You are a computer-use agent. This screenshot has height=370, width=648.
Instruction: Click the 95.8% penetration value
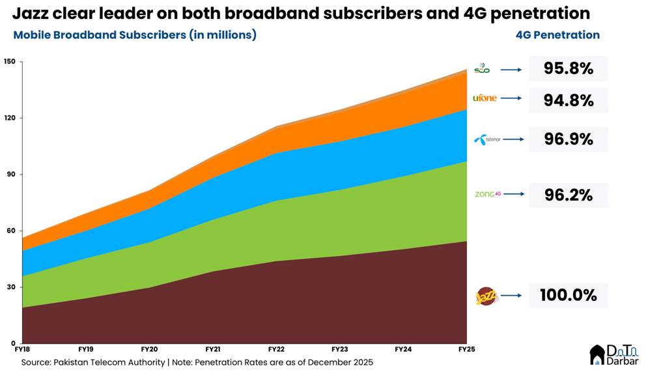[568, 68]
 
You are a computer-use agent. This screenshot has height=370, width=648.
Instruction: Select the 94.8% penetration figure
[568, 100]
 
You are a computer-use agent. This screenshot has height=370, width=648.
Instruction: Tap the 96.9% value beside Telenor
[568, 139]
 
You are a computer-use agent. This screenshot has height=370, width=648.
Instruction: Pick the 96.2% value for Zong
[568, 195]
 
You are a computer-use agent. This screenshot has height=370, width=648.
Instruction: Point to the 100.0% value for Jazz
[568, 295]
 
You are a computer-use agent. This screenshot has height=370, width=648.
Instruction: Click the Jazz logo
[486, 296]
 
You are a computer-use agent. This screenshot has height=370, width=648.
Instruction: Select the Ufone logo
[485, 98]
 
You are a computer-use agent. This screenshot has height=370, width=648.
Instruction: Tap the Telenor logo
[488, 139]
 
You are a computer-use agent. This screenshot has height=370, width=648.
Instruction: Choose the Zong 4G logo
[488, 194]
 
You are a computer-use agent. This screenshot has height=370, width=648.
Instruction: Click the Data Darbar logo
[613, 354]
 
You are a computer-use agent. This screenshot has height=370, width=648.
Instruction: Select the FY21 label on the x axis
[212, 350]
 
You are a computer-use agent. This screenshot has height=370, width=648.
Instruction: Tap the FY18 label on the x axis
[23, 350]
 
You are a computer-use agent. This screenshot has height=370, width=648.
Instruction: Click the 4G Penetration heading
[557, 35]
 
